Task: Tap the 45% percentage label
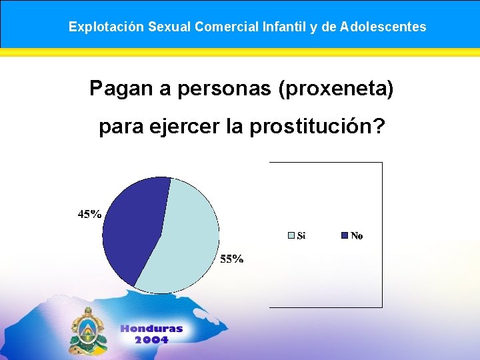[90, 215]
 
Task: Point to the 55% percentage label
[232, 259]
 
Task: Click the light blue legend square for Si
[291, 235]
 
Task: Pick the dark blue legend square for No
[345, 235]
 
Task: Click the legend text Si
[301, 235]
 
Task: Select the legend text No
[357, 235]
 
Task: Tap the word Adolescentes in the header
[383, 27]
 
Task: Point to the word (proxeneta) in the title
[333, 88]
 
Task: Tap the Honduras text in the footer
[151, 329]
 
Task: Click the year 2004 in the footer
[151, 339]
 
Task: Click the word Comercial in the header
[227, 27]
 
